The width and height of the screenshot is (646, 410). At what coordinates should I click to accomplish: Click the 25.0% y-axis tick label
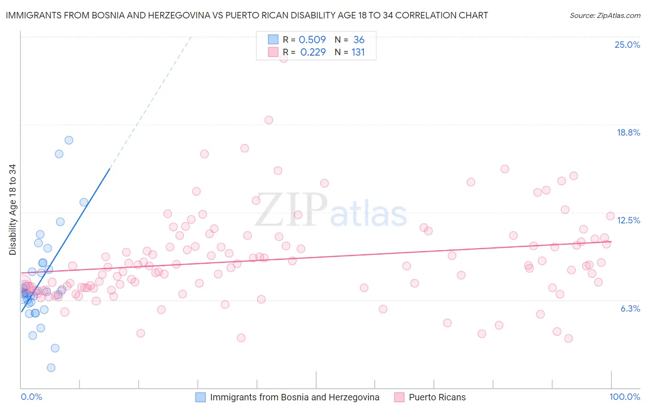tap(627, 45)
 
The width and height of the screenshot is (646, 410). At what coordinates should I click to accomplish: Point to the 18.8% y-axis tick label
tap(628, 132)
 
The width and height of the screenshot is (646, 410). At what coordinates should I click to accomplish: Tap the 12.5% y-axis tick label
tap(628, 220)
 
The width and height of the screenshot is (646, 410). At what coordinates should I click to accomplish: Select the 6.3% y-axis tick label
tap(630, 308)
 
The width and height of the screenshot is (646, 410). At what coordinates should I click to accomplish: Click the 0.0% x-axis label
tap(31, 397)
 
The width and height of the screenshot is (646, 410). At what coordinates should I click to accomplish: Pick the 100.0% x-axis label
tap(624, 397)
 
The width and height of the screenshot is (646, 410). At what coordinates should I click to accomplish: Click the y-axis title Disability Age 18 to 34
tap(12, 210)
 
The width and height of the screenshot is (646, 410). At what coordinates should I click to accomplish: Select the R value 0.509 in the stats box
tap(312, 40)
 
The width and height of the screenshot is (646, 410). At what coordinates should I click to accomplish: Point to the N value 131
tap(358, 52)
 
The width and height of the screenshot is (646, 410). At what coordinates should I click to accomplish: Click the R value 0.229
tap(313, 52)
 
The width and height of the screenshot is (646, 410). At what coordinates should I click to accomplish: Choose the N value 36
tap(359, 40)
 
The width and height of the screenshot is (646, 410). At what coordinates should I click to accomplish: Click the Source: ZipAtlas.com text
tap(605, 16)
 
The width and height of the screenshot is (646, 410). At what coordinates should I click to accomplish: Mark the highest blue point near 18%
tap(69, 140)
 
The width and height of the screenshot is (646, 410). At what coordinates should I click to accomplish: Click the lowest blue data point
tap(51, 368)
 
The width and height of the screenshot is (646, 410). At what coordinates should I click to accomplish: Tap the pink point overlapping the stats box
tap(283, 58)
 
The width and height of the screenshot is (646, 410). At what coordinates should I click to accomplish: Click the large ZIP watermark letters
tap(291, 210)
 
